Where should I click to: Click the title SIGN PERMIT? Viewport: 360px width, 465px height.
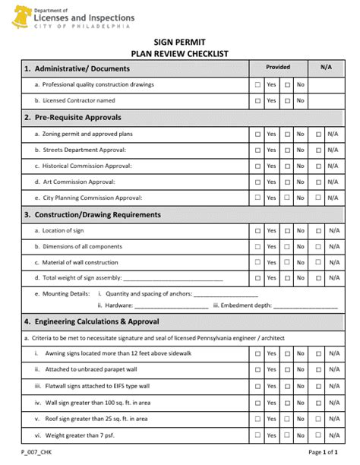tap(179, 43)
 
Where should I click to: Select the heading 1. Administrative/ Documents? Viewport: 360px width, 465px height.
tap(77, 68)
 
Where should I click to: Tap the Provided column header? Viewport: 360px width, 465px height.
tap(278, 68)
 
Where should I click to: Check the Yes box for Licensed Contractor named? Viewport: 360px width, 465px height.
tap(258, 100)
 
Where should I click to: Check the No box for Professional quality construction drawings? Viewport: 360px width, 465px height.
tap(287, 85)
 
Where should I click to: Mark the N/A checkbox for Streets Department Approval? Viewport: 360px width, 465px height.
tap(319, 150)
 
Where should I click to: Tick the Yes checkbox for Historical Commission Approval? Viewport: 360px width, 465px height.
tap(258, 166)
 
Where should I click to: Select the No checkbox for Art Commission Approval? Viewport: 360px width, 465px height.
tap(287, 182)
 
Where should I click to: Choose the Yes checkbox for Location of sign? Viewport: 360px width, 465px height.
tap(258, 230)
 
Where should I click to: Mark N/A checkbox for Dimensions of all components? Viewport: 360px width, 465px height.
tap(319, 246)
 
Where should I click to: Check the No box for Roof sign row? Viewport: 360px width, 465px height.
tap(287, 419)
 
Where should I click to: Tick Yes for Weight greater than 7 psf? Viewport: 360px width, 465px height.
tap(258, 435)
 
